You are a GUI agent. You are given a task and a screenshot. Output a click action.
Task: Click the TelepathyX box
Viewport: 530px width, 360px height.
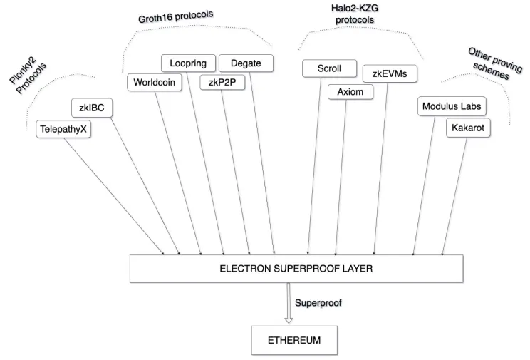click(63, 129)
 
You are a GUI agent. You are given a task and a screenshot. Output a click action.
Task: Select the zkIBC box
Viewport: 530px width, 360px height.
click(92, 108)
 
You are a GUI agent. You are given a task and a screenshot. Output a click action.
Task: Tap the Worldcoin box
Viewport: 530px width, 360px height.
click(154, 83)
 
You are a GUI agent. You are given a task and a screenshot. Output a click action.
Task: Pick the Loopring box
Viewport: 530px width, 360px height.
click(188, 63)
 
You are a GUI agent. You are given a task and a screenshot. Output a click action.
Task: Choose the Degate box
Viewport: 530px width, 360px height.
click(246, 63)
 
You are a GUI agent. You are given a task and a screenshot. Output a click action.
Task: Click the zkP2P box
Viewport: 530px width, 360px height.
click(222, 83)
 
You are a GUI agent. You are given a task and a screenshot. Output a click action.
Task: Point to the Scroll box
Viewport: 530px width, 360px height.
click(329, 68)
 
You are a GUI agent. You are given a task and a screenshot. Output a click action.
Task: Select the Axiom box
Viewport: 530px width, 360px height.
click(350, 92)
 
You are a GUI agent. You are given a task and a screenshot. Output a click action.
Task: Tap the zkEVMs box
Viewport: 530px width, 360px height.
click(390, 73)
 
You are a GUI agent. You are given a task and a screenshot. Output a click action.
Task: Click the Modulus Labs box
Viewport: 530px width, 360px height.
click(452, 106)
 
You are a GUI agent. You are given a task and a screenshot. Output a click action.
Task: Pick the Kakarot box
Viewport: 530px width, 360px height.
click(468, 128)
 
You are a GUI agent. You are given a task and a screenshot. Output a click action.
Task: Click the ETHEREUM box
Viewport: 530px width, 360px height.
click(294, 340)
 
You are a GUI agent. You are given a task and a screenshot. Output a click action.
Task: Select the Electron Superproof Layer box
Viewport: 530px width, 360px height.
click(296, 269)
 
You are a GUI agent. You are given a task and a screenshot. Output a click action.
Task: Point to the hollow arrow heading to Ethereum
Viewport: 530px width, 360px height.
click(289, 303)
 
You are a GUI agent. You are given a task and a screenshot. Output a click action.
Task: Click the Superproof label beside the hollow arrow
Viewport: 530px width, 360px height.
click(318, 303)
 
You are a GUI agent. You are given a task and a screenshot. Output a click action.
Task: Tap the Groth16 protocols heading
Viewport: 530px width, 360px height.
click(175, 16)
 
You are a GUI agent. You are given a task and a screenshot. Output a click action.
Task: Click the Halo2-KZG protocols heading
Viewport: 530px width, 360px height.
click(355, 14)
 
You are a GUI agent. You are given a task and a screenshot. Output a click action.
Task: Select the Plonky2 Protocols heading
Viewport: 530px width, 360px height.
click(27, 75)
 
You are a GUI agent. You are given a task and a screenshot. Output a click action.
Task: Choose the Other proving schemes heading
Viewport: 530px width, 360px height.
click(494, 64)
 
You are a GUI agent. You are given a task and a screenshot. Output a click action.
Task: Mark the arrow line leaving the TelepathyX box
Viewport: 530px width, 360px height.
click(114, 196)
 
